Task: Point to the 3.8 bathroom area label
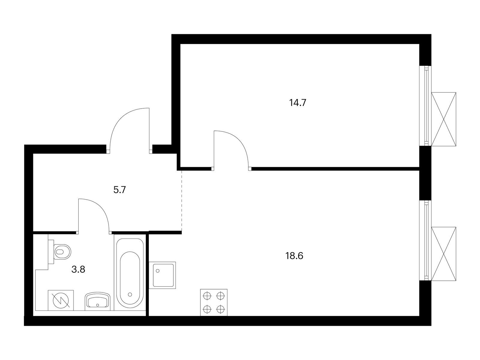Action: pos(78,269)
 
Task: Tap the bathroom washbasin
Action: pos(98,301)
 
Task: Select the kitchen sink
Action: pos(163,275)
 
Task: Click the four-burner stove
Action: pos(214,302)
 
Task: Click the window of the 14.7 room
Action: pos(425,105)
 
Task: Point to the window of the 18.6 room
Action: pos(425,240)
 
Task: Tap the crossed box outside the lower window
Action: pos(444,253)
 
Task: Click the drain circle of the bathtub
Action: pos(130,294)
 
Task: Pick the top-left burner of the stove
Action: pos(207,296)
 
